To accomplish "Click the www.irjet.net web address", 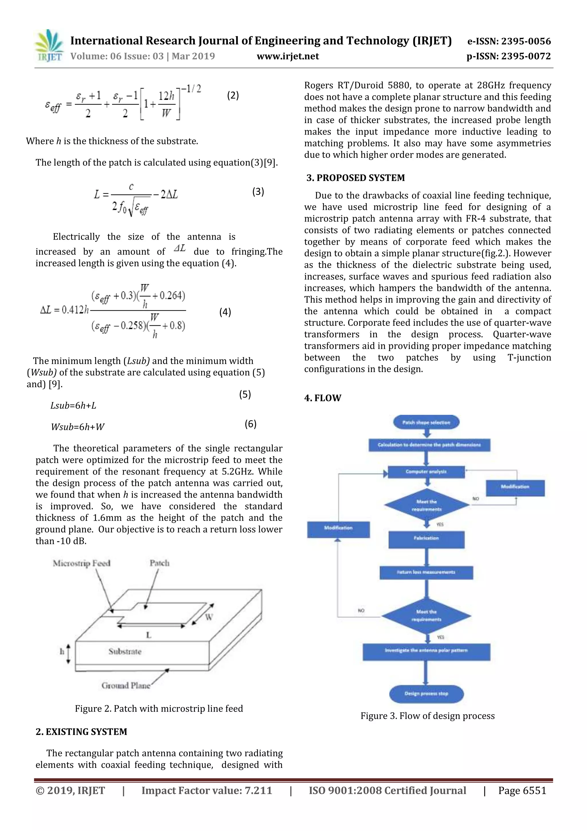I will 287,57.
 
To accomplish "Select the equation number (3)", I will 258,191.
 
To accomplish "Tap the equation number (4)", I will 225,312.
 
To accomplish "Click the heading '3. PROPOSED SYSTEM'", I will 355,178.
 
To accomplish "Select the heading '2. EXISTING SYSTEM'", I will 81,731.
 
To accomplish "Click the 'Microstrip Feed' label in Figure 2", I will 81,563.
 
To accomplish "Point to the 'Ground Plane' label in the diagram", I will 126,686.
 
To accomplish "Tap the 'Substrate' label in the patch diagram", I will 125,651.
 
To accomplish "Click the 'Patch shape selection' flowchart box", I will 426,422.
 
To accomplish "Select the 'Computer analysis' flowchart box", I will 426,472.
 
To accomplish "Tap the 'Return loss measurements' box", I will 426,572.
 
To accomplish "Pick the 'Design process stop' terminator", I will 426,694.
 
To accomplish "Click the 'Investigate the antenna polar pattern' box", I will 426,650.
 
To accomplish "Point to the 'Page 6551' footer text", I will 522,791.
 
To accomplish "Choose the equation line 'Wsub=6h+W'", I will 77,427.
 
